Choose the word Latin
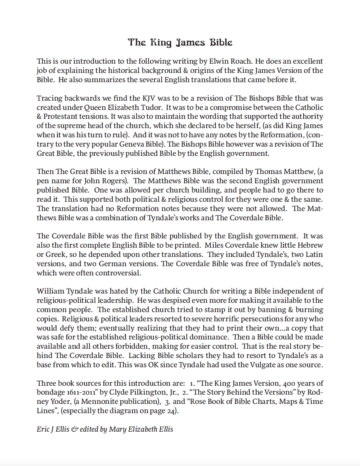click(x=314, y=255)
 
